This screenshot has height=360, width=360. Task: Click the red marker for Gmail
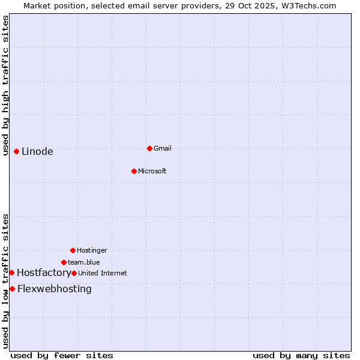(149, 148)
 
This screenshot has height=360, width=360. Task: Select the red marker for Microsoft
(134, 171)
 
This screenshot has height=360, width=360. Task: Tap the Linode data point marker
(16, 151)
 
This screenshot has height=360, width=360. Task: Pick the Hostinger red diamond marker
(73, 250)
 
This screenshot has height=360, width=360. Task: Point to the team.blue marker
(64, 262)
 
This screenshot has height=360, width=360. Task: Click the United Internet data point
(74, 273)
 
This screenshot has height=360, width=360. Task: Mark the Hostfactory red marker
(11, 272)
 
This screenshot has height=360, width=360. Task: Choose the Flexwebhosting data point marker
(12, 289)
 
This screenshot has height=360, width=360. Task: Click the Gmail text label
(163, 148)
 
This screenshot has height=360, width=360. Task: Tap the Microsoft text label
(152, 171)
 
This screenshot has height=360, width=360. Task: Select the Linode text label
(37, 151)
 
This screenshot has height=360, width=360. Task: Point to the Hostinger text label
(92, 250)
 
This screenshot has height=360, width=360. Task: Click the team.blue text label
(84, 262)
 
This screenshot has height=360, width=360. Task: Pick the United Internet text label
(103, 273)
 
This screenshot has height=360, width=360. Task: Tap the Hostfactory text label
(44, 272)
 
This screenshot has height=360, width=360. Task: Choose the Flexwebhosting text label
(55, 289)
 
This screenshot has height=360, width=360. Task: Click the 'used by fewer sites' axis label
(62, 355)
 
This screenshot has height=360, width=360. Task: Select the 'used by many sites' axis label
(301, 355)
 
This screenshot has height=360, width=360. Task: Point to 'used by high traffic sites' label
(5, 85)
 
